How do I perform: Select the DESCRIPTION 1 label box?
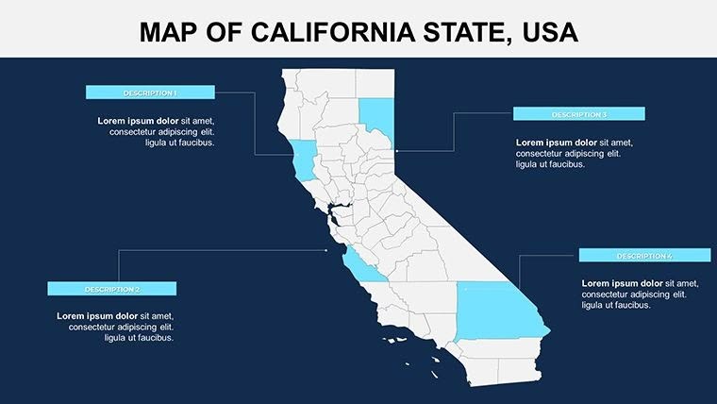(x=150, y=93)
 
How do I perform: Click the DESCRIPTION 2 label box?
(x=111, y=289)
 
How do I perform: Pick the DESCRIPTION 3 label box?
(x=578, y=114)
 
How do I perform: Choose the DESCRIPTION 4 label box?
(x=644, y=256)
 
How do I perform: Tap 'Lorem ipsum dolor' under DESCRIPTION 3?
(x=556, y=143)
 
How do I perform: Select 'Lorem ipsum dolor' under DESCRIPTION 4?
(x=622, y=283)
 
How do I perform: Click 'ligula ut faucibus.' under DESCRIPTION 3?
(x=550, y=164)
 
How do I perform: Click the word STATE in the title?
(x=463, y=33)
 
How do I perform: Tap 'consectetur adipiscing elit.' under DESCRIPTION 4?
(x=634, y=295)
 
